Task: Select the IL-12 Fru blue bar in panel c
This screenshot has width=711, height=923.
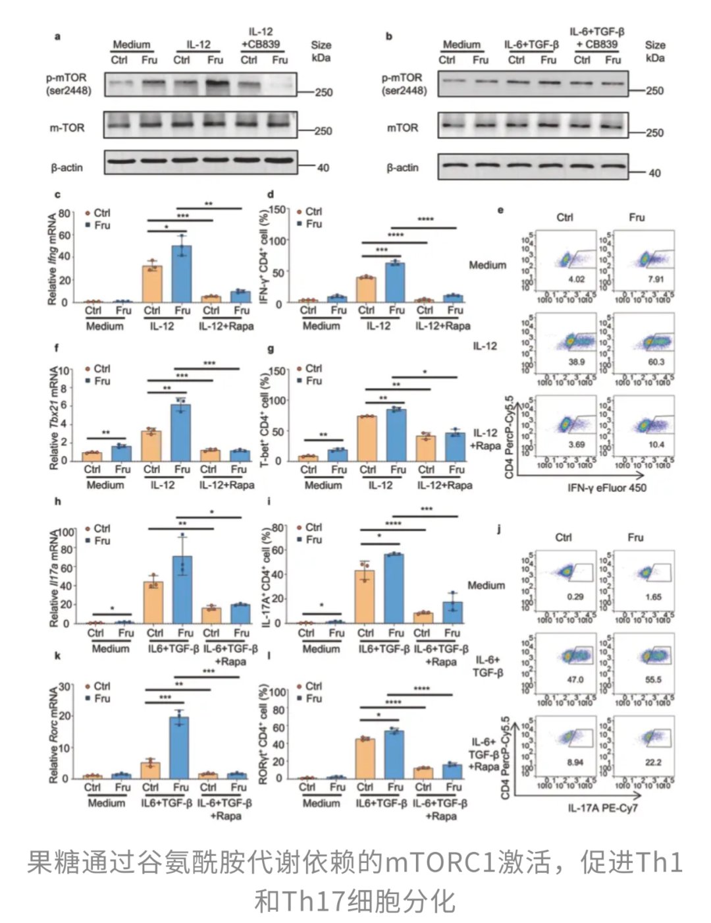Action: [x=182, y=273]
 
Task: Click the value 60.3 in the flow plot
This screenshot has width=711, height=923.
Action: [x=656, y=362]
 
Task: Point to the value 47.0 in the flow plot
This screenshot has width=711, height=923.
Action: [x=575, y=679]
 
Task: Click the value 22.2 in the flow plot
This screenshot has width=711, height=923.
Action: [x=653, y=762]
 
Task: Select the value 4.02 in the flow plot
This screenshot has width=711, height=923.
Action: [x=576, y=279]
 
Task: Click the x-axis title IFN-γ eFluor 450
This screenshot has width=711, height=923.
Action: [x=607, y=488]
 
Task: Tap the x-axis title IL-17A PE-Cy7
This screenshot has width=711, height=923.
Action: [x=602, y=808]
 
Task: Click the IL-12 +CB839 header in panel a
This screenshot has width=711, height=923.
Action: [x=261, y=38]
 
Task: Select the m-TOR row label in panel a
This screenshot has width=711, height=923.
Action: [x=67, y=128]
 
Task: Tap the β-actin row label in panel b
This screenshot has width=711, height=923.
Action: [x=402, y=168]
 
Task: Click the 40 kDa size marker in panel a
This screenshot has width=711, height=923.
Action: [x=323, y=168]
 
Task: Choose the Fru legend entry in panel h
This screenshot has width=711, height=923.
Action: [x=102, y=541]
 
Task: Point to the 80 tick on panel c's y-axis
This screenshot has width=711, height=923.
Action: [x=64, y=213]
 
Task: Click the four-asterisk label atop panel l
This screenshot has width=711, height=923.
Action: [x=421, y=689]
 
